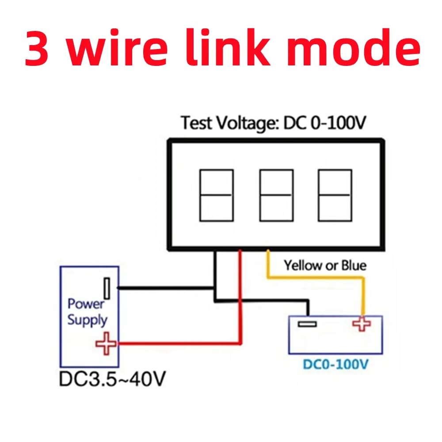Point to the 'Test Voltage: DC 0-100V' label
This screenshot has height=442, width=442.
pos(274,122)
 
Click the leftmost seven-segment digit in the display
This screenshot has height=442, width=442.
pos(217,195)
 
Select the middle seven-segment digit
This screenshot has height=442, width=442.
pos(276,195)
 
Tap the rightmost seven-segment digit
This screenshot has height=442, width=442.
pos(335,195)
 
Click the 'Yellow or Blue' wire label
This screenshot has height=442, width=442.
pos(325,266)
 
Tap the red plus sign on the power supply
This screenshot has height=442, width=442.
pos(106,343)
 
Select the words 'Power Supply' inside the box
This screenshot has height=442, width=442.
pos(87,312)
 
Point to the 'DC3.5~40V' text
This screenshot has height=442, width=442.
pos(113,379)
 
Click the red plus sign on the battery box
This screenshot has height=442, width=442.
pos(362,324)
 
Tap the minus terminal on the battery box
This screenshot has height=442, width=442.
pos(307,324)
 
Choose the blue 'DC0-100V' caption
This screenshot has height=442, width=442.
pos(335,365)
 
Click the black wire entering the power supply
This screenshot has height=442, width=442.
pos(164,288)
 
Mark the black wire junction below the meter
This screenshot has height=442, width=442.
pos(215,288)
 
